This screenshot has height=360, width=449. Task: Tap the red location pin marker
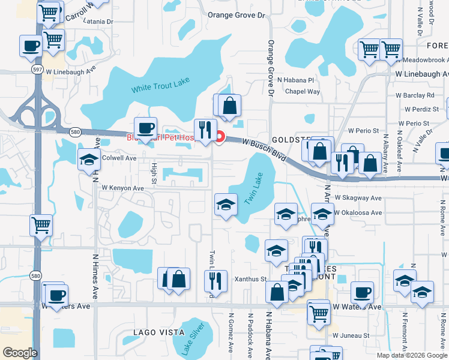[x=220, y=137]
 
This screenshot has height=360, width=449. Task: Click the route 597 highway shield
[x=37, y=70]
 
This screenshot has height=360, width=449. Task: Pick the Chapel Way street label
[x=302, y=92]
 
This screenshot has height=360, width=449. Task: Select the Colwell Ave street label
[x=119, y=158]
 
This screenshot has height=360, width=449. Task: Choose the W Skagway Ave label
[x=358, y=197]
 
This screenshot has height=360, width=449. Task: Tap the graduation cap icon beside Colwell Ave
[x=89, y=158]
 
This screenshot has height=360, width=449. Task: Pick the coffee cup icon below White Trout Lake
[x=145, y=127]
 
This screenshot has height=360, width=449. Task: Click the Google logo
[x=20, y=353]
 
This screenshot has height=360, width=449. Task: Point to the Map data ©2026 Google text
[x=412, y=355]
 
